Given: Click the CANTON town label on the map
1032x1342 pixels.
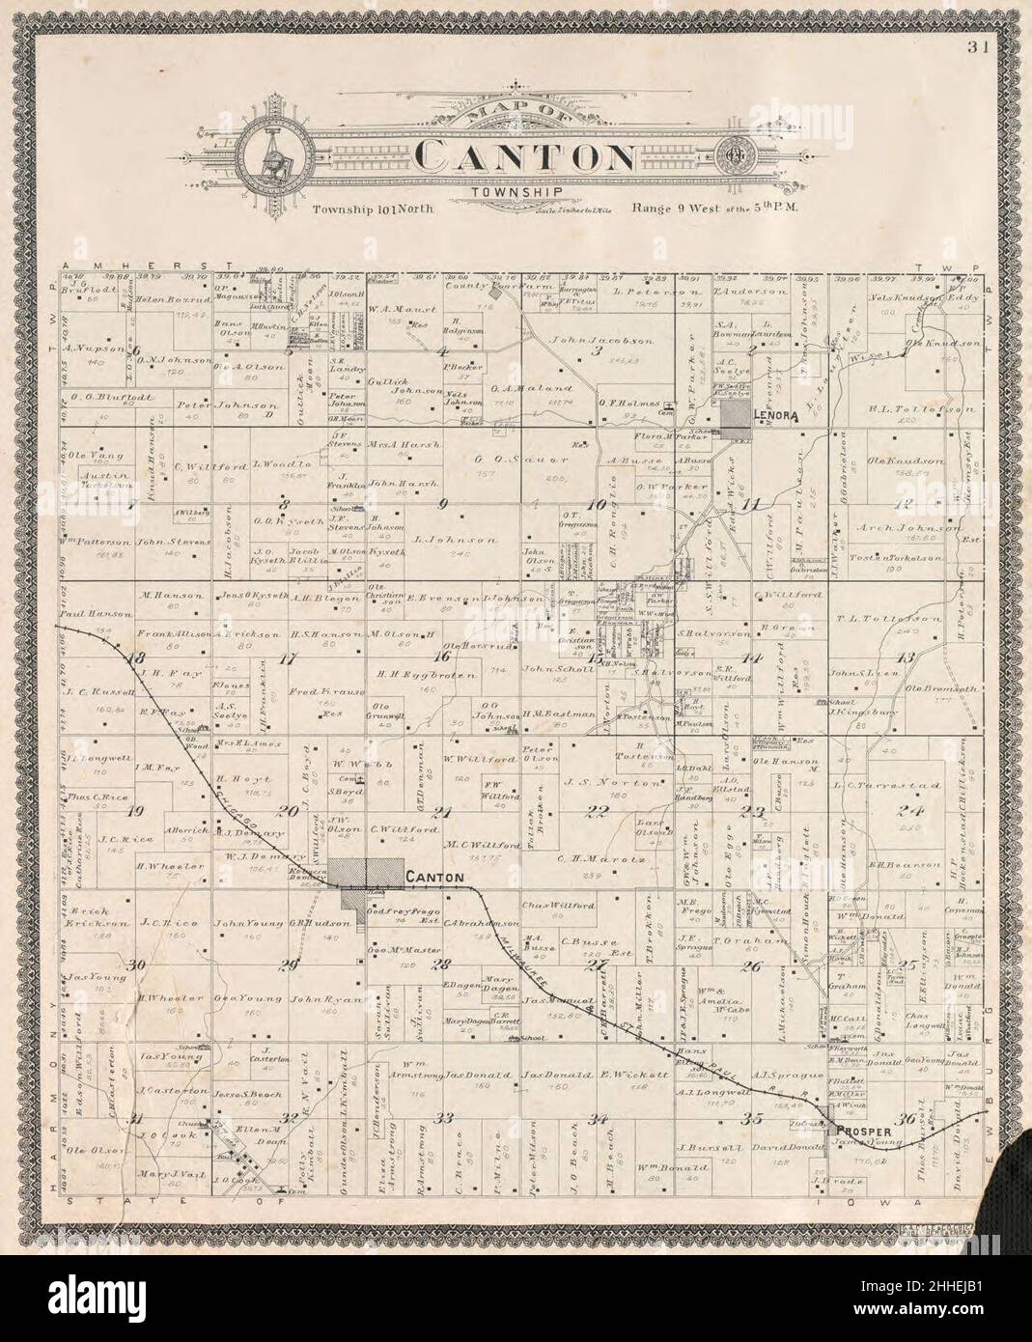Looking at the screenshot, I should click(435, 878).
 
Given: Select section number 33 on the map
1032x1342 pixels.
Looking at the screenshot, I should click(445, 1118).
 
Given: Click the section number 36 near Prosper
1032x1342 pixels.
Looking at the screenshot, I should click(906, 1120).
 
